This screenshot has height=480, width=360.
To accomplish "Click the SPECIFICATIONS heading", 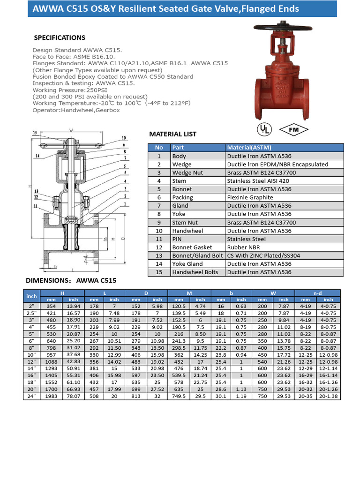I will tap(60, 37).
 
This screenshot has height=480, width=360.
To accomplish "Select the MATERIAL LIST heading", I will tap(172, 134).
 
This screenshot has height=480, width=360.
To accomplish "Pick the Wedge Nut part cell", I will tap(187, 172).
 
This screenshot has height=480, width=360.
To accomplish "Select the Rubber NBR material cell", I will tap(243, 247).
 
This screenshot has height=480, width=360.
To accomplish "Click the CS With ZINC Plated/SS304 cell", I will tap(264, 255).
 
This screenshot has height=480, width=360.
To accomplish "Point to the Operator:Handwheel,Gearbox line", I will tap(76, 110).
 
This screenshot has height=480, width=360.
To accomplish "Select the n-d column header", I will tap(317, 293).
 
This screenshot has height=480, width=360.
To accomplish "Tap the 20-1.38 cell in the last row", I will tap(328, 397).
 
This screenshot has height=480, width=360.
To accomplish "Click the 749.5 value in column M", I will tap(179, 397).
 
